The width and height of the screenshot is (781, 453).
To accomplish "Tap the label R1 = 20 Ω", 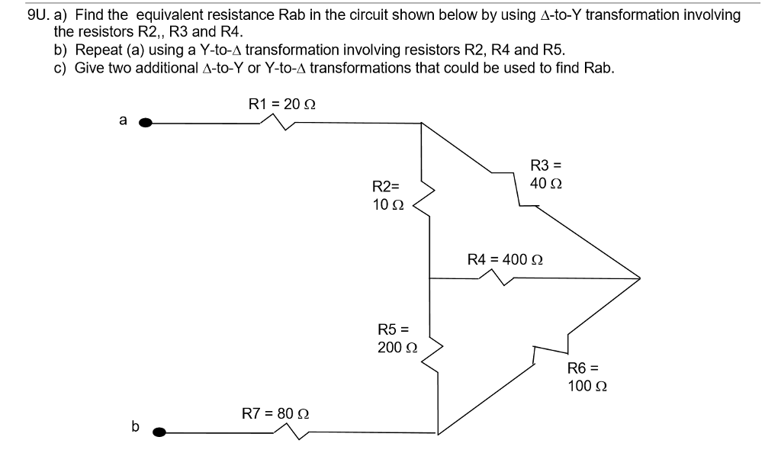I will (x=282, y=103).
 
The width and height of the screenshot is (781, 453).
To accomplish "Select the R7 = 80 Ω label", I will (x=275, y=414).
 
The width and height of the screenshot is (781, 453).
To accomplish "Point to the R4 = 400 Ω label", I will (x=504, y=259).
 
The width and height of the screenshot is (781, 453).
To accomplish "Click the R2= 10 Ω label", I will (x=385, y=195).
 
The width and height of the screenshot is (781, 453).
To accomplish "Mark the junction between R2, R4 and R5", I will (x=430, y=279).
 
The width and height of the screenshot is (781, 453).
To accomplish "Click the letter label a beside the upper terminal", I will (x=121, y=119).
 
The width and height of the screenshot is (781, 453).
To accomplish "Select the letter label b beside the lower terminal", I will (x=135, y=426).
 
